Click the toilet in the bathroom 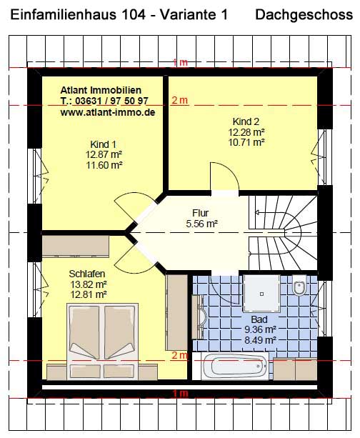[x=299, y=285]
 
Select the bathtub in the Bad [x=234, y=366]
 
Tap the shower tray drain [x=261, y=294]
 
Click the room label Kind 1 [x=103, y=144]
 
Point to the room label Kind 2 [x=246, y=121]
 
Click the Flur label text [x=200, y=213]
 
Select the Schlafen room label [x=87, y=274]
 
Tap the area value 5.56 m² [x=201, y=224]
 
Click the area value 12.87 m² [x=104, y=154]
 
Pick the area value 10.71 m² [x=246, y=142]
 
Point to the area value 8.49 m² [x=260, y=340]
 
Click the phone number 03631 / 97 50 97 [x=111, y=101]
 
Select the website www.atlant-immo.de [x=108, y=112]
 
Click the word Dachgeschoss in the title [x=304, y=14]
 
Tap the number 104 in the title [x=134, y=14]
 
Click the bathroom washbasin [x=201, y=317]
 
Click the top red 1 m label [x=180, y=62]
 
